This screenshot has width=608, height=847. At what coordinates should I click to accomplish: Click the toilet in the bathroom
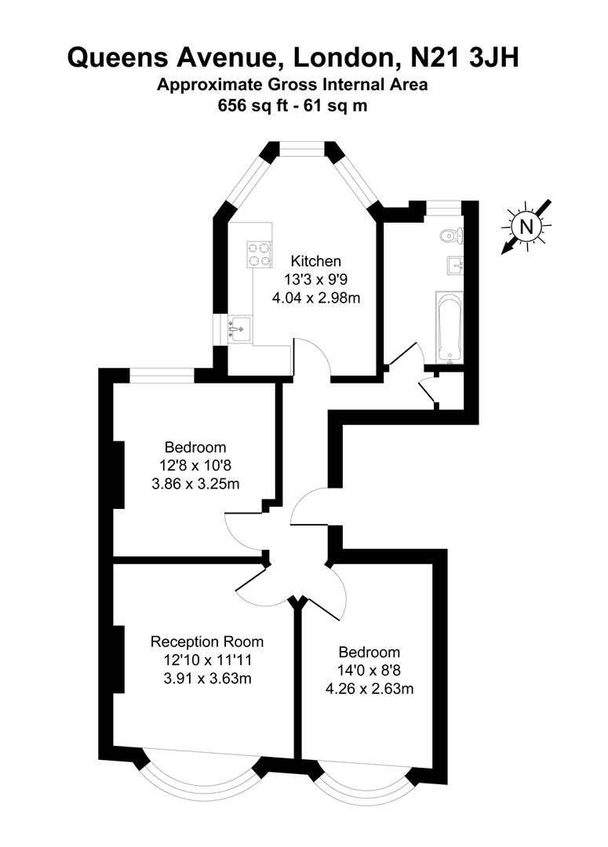pos(450,233)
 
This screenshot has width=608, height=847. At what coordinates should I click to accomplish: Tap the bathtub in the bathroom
pos(449,328)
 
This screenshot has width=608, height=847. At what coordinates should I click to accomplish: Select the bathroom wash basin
pos(455,265)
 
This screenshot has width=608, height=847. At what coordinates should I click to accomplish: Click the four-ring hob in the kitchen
pos(259,253)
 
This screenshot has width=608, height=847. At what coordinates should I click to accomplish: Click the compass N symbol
pos(527,227)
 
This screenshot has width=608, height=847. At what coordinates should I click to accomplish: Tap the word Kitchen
pos(316,261)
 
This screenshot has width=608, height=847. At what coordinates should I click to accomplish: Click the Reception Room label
pos(207,642)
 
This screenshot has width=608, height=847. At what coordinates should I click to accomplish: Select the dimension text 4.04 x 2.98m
pos(316,297)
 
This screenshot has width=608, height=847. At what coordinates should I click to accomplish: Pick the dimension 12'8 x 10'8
pos(195,466)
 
